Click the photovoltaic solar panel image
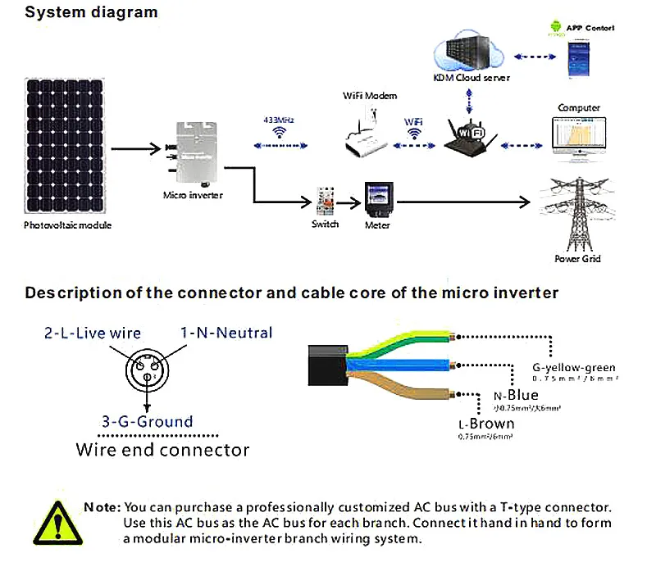tap(65, 146)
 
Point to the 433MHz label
tap(279, 120)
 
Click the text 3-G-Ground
tap(147, 422)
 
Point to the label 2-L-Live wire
tap(92, 333)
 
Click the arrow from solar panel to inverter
tap(136, 149)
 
